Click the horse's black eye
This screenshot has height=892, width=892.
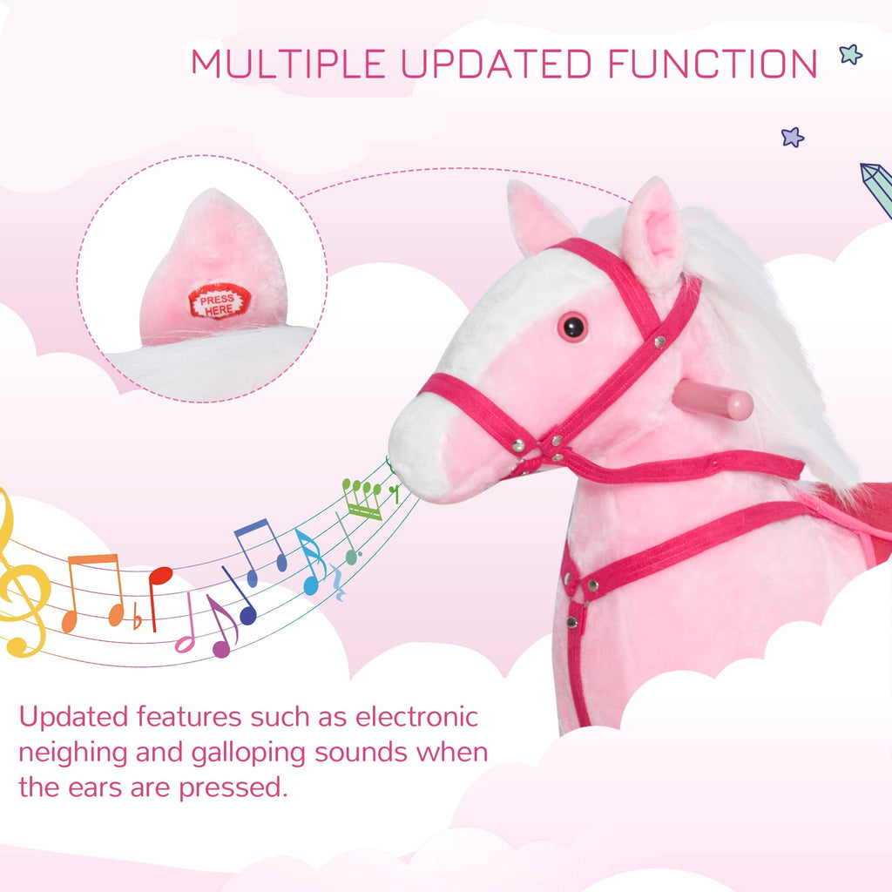572,328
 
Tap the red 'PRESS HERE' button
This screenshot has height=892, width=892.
219,301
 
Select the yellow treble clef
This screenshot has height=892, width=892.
19,584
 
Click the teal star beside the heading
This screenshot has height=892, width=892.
850,54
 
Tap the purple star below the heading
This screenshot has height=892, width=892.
792,137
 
